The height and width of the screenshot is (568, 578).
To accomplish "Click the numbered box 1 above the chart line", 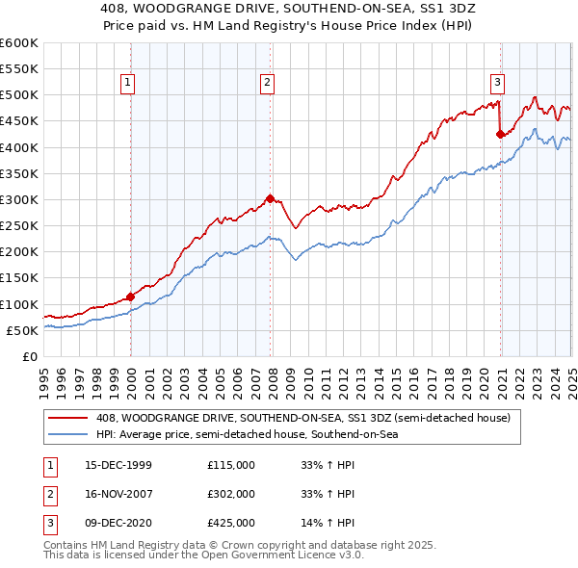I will click(128, 84).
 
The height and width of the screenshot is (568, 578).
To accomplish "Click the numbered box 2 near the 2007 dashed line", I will click(267, 84).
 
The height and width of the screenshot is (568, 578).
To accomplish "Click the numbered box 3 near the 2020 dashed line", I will click(498, 84).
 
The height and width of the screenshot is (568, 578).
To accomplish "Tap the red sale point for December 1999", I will click(131, 297).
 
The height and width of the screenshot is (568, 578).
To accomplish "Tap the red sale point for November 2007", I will click(271, 198).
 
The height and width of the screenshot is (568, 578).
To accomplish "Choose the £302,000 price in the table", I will click(231, 494).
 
